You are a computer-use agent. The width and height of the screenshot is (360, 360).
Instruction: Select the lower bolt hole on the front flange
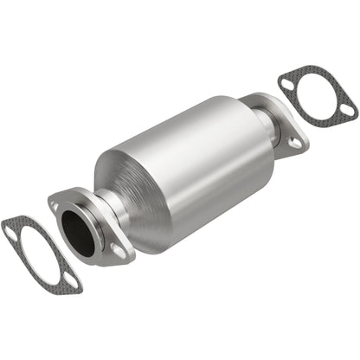point(119,252)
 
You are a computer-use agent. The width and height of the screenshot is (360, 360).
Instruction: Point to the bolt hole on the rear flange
point(295,141)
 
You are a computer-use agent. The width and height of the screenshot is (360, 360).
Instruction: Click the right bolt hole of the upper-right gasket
point(346,110)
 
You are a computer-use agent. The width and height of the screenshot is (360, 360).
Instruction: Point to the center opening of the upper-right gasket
point(318,96)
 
